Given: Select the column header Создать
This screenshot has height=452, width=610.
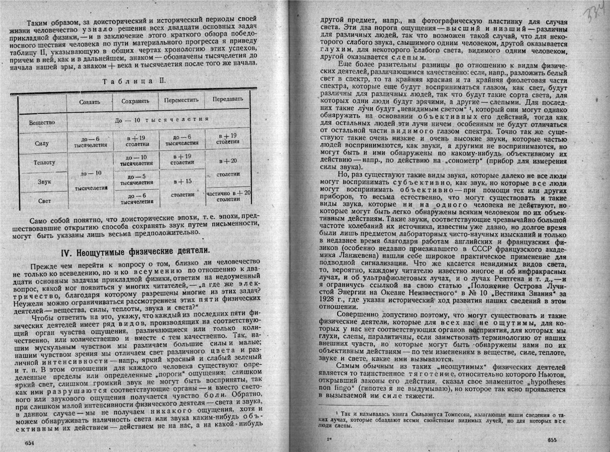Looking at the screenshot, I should [89, 102].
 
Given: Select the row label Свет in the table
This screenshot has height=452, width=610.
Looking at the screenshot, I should [43, 200].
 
